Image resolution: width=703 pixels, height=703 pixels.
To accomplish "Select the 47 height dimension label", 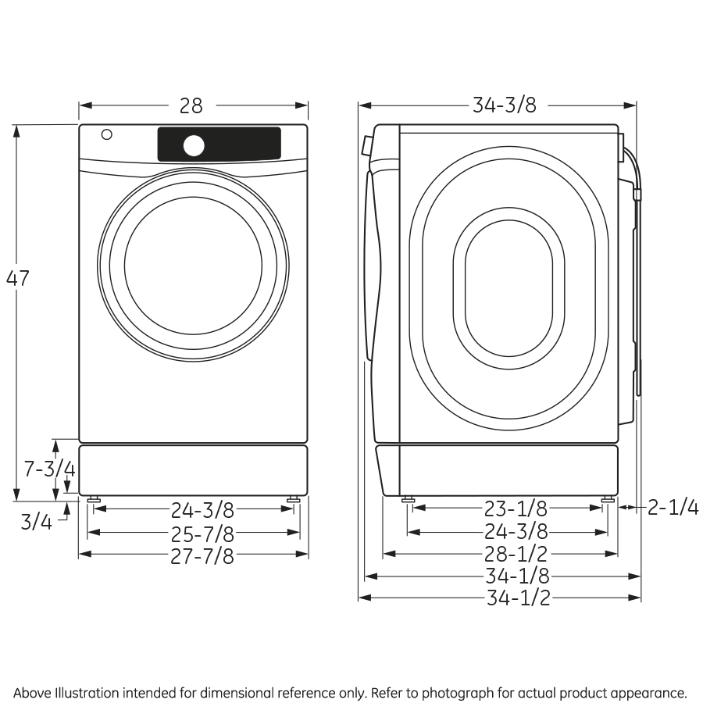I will pyautogui.click(x=18, y=278).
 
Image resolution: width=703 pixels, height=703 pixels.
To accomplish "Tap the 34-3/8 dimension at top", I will pyautogui.click(x=504, y=105).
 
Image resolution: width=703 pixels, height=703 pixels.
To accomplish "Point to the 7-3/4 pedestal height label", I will pyautogui.click(x=48, y=469).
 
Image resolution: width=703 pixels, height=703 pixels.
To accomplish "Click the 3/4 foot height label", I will pyautogui.click(x=36, y=521).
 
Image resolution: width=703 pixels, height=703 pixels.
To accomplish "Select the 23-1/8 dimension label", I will pyautogui.click(x=515, y=509).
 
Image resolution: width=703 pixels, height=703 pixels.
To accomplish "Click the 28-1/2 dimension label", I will pyautogui.click(x=515, y=555).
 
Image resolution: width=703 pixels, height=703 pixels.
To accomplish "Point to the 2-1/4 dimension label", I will pyautogui.click(x=673, y=508).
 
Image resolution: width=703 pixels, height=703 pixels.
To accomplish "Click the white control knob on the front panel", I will pyautogui.click(x=194, y=145).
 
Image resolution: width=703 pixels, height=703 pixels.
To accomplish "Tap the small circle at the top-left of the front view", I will pyautogui.click(x=106, y=134).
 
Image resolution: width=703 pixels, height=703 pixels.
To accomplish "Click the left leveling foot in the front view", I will pyautogui.click(x=94, y=499).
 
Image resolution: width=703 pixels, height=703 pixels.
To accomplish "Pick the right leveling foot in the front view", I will pyautogui.click(x=293, y=499).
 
